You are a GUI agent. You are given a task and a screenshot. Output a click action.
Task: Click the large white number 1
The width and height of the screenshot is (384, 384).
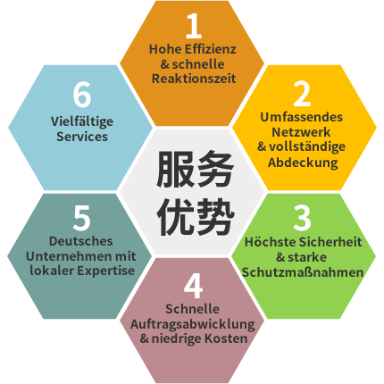point(194,26)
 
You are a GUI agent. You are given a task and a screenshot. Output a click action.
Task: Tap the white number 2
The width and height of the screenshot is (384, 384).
point(302,94)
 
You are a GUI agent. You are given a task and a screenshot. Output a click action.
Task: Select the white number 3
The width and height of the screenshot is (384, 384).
point(302,218)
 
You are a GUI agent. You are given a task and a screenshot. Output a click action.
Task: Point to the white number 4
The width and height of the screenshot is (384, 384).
point(193,286)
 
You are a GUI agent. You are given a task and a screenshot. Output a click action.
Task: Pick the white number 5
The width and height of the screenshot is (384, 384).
point(81,218)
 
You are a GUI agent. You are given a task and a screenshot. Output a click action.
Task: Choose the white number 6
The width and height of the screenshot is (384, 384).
point(82,95)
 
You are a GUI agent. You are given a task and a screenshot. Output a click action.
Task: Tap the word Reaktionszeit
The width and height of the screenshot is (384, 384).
point(194,79)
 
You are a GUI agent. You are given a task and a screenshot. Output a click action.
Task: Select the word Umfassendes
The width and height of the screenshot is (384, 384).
point(301,117)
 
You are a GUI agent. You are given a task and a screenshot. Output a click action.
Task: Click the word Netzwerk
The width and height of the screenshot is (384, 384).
point(301,132)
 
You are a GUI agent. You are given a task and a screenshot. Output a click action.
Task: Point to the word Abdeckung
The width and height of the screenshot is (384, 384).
point(303,163)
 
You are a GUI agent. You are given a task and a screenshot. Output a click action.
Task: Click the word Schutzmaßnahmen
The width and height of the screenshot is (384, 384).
point(303,272)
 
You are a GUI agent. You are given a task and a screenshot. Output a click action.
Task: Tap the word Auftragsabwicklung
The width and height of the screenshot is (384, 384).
point(192,324)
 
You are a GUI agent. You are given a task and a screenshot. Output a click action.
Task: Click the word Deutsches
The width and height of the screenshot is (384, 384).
point(80,241)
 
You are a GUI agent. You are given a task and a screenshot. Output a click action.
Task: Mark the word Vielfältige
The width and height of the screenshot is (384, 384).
point(82,121)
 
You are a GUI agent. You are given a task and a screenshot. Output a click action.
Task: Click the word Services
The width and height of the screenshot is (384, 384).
point(82,137)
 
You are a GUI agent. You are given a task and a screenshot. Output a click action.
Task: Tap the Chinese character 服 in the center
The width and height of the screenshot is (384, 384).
point(175,168)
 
